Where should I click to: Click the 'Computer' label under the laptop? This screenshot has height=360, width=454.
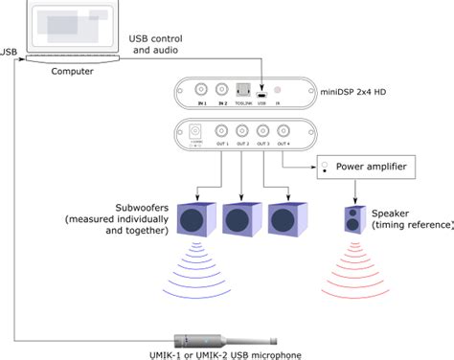point(72,71)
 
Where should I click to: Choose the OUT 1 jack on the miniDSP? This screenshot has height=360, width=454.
point(221,131)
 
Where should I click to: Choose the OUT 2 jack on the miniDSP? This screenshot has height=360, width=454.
point(242,131)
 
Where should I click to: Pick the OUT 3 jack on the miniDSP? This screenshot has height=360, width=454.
point(263,131)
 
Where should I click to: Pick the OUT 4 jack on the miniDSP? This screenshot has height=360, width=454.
point(284,131)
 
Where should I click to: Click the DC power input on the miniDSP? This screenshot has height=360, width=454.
point(197,131)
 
